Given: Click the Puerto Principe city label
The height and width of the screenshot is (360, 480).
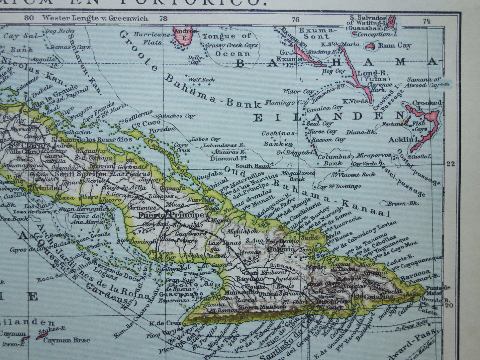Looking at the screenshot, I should pyautogui.click(x=171, y=215).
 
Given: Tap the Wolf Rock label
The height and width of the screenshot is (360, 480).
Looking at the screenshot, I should pyautogui.click(x=202, y=79).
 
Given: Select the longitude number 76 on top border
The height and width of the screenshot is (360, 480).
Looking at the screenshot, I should pyautogui.click(x=295, y=19).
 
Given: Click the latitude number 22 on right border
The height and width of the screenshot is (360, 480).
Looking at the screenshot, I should pyautogui.click(x=451, y=163).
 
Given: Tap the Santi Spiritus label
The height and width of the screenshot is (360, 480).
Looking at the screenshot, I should pyautogui.click(x=80, y=174).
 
